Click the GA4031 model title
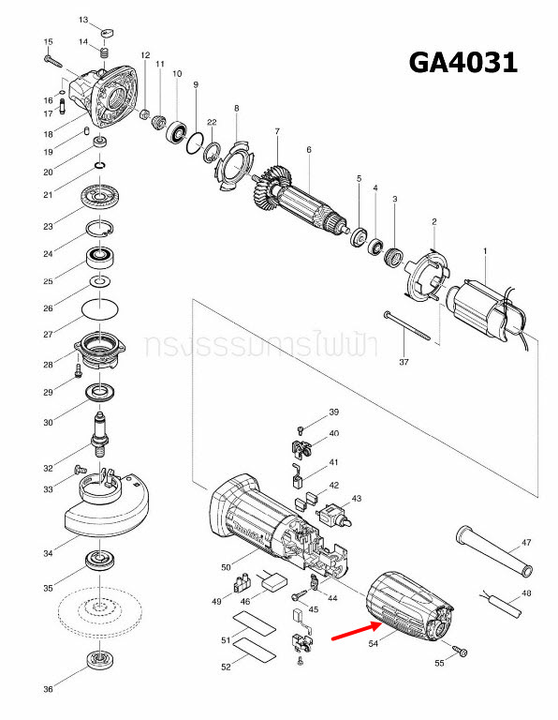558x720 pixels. tap(463, 62)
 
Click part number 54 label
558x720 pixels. tap(374, 644)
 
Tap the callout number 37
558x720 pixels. tap(404, 361)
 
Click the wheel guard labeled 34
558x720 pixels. tap(104, 510)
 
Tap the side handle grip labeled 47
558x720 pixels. tap(492, 553)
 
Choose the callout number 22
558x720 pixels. tap(213, 123)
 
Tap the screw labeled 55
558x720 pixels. tap(461, 650)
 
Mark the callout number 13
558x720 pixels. tap(83, 20)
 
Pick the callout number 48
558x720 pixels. tap(527, 594)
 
